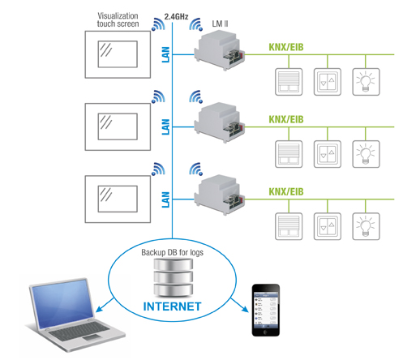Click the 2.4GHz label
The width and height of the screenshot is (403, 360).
[176, 17]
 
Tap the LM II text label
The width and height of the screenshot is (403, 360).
[220, 24]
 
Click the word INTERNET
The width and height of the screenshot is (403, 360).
[172, 306]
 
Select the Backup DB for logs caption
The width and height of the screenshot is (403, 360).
[172, 252]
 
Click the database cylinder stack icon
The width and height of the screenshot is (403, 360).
[174, 277]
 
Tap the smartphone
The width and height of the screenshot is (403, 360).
[266, 310]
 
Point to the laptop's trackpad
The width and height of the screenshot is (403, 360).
[92, 337]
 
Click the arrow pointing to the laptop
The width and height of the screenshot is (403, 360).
[105, 305]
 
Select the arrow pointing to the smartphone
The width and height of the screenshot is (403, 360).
[239, 305]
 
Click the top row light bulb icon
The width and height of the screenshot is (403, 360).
[366, 82]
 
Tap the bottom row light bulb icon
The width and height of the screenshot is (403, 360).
[366, 226]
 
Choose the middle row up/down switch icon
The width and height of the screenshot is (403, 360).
[328, 154]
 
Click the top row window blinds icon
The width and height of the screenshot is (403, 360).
[289, 82]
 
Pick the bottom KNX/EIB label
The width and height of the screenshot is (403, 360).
[286, 191]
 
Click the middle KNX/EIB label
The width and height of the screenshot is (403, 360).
[286, 119]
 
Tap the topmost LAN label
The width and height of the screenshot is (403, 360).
[165, 54]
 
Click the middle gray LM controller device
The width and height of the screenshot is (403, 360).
[220, 122]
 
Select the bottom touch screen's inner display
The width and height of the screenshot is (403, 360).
[118, 199]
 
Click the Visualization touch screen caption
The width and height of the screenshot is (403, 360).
[118, 19]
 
